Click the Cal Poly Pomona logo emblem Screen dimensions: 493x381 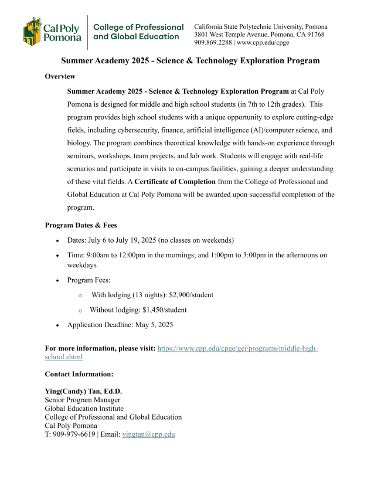point(33,32)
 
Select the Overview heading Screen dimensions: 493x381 point(60,76)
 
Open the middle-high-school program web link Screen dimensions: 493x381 point(237,348)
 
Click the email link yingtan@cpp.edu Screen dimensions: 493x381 point(148,434)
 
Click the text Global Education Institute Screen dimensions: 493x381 point(84,409)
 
